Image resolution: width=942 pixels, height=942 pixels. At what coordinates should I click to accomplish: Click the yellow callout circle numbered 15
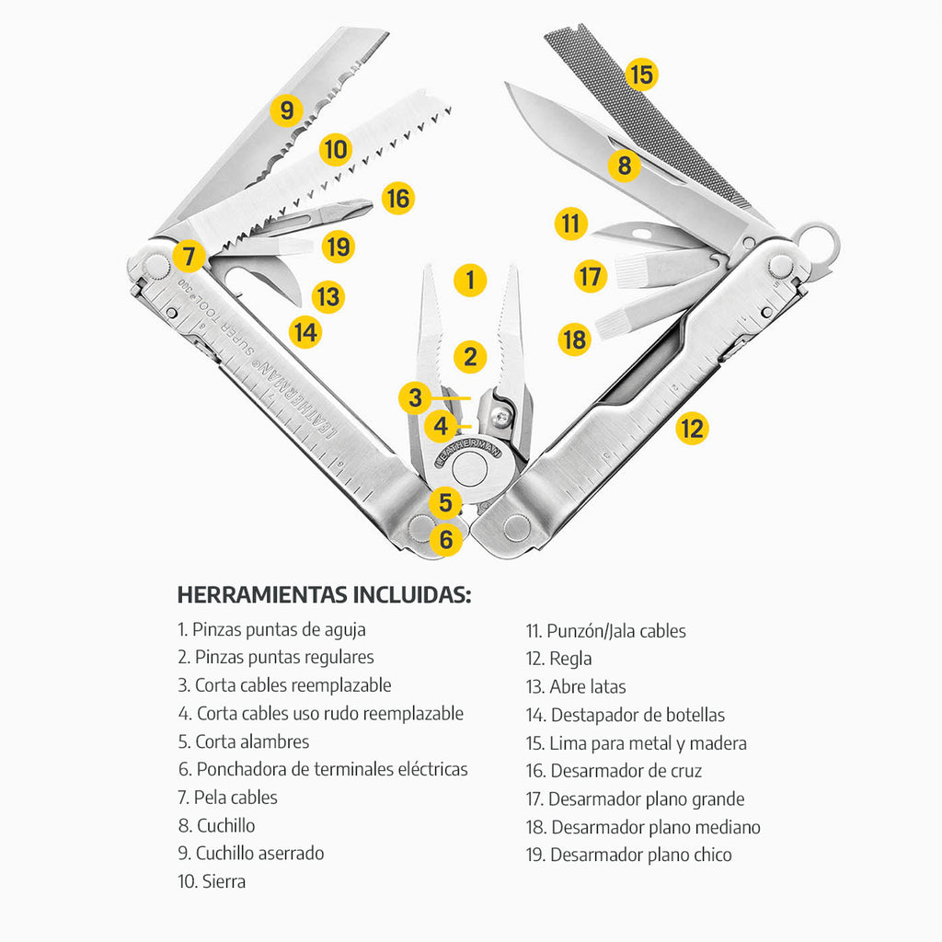point(641,74)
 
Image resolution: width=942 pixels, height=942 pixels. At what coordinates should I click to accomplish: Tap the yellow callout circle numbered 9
point(287,111)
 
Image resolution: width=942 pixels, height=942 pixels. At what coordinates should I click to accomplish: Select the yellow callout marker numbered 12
point(692,428)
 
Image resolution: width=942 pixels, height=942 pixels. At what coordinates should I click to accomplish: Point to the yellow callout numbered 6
point(446,540)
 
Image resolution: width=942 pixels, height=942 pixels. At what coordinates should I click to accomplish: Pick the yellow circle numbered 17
point(591,276)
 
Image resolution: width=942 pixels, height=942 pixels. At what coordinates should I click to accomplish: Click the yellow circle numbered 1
point(470,280)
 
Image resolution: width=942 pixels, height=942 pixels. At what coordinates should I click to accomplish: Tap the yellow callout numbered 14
point(305,331)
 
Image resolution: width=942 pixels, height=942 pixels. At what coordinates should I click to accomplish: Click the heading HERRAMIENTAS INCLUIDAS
point(324,595)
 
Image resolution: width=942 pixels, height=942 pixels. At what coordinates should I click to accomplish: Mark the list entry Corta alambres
point(243,741)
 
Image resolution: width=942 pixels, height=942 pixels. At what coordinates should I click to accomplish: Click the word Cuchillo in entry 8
point(226,825)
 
